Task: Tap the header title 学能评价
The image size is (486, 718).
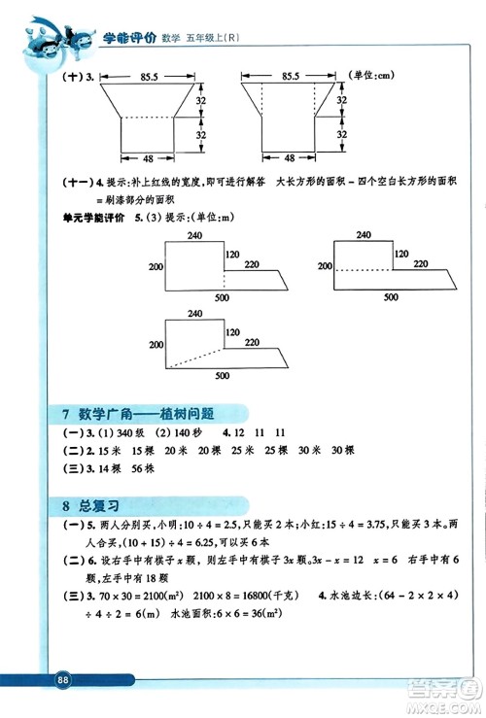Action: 128,38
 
